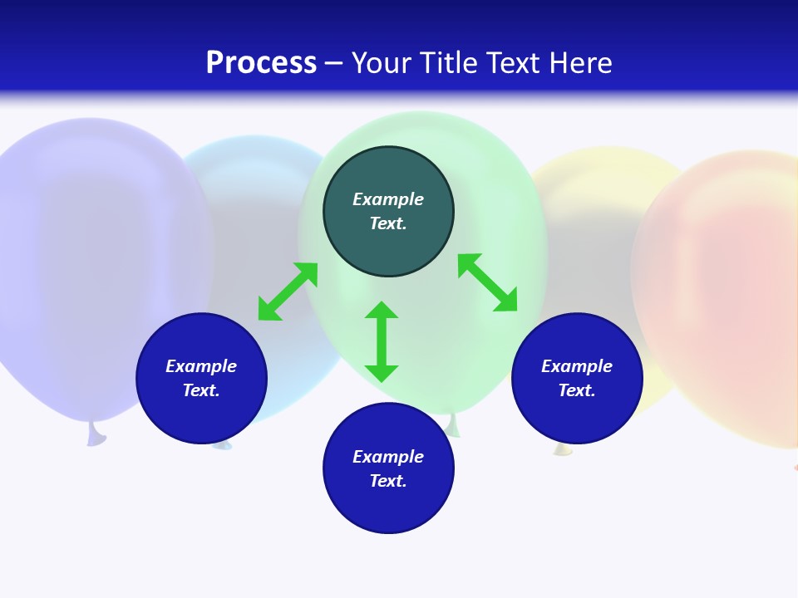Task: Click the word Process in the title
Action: pos(261,63)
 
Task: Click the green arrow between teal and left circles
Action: pos(288,292)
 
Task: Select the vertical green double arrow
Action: pos(382,341)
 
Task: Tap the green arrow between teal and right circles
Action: pos(487,282)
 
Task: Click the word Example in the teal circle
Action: pos(388,199)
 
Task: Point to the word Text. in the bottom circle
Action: pos(388,481)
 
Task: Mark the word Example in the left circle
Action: pos(201,366)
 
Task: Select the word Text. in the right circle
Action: pos(577,390)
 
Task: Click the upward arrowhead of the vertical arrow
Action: pos(382,310)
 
